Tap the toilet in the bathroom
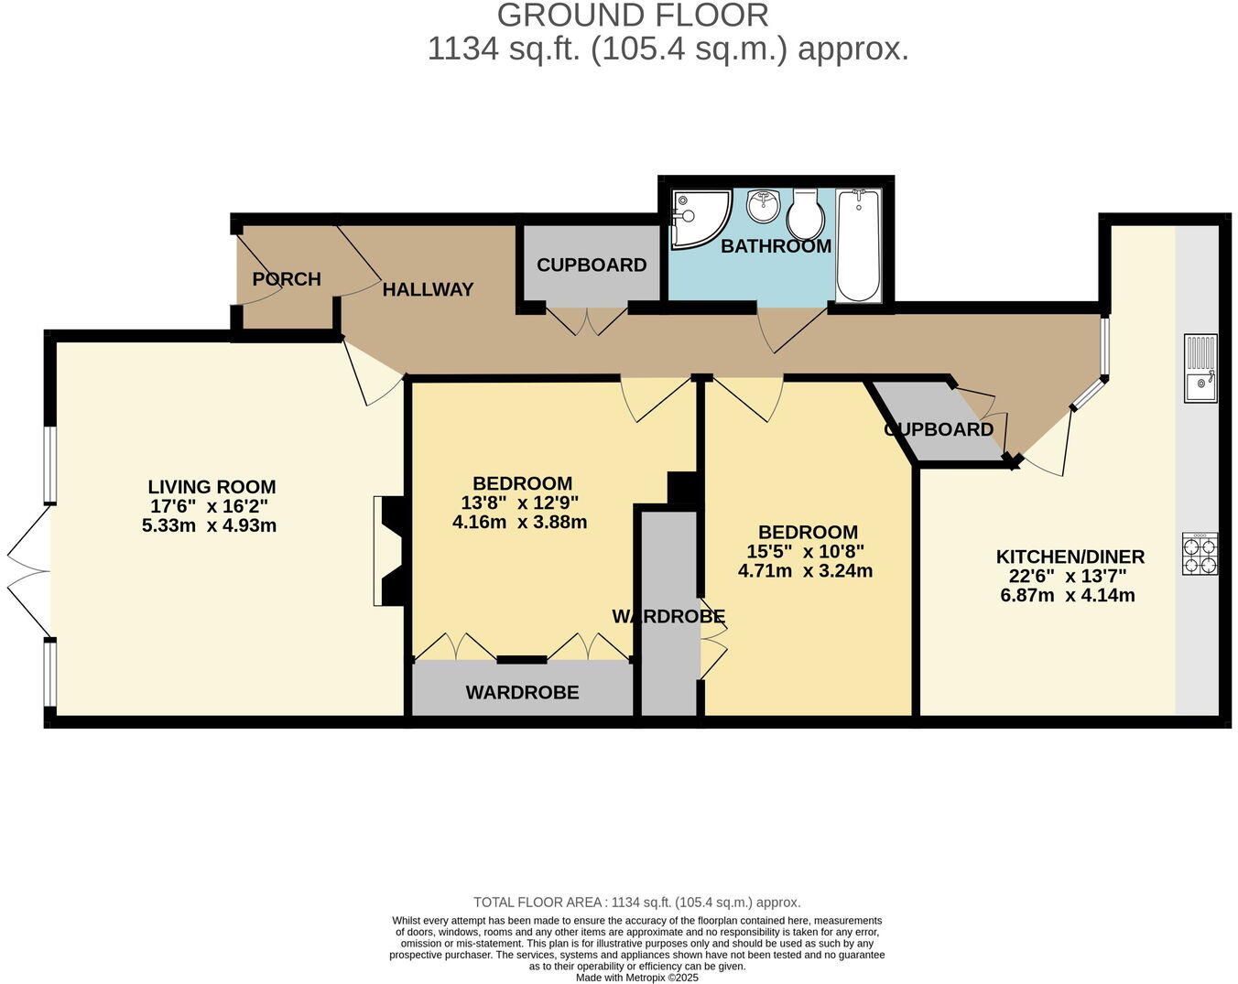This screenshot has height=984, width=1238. pyautogui.click(x=807, y=212)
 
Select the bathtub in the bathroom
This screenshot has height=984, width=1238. pyautogui.click(x=858, y=245)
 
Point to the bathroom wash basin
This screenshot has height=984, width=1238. pyautogui.click(x=762, y=206)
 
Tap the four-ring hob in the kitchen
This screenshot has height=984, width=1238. pyautogui.click(x=1200, y=554)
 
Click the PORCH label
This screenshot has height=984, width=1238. pyautogui.click(x=287, y=279)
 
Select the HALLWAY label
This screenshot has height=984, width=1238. pyautogui.click(x=428, y=290)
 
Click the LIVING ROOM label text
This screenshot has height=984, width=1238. pyautogui.click(x=212, y=487)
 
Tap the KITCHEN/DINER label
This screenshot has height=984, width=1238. pyautogui.click(x=1070, y=557)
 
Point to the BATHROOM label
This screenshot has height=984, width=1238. pyautogui.click(x=776, y=246)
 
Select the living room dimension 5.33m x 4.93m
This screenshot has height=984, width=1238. pyautogui.click(x=209, y=525)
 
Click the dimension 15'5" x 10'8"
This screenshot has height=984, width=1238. pyautogui.click(x=805, y=552)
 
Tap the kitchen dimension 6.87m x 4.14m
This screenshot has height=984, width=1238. pyautogui.click(x=1068, y=595)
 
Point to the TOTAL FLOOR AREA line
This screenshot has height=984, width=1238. pyautogui.click(x=636, y=903)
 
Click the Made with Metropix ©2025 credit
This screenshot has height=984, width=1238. pyautogui.click(x=636, y=978)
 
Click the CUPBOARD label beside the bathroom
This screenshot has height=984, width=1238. pyautogui.click(x=592, y=265)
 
